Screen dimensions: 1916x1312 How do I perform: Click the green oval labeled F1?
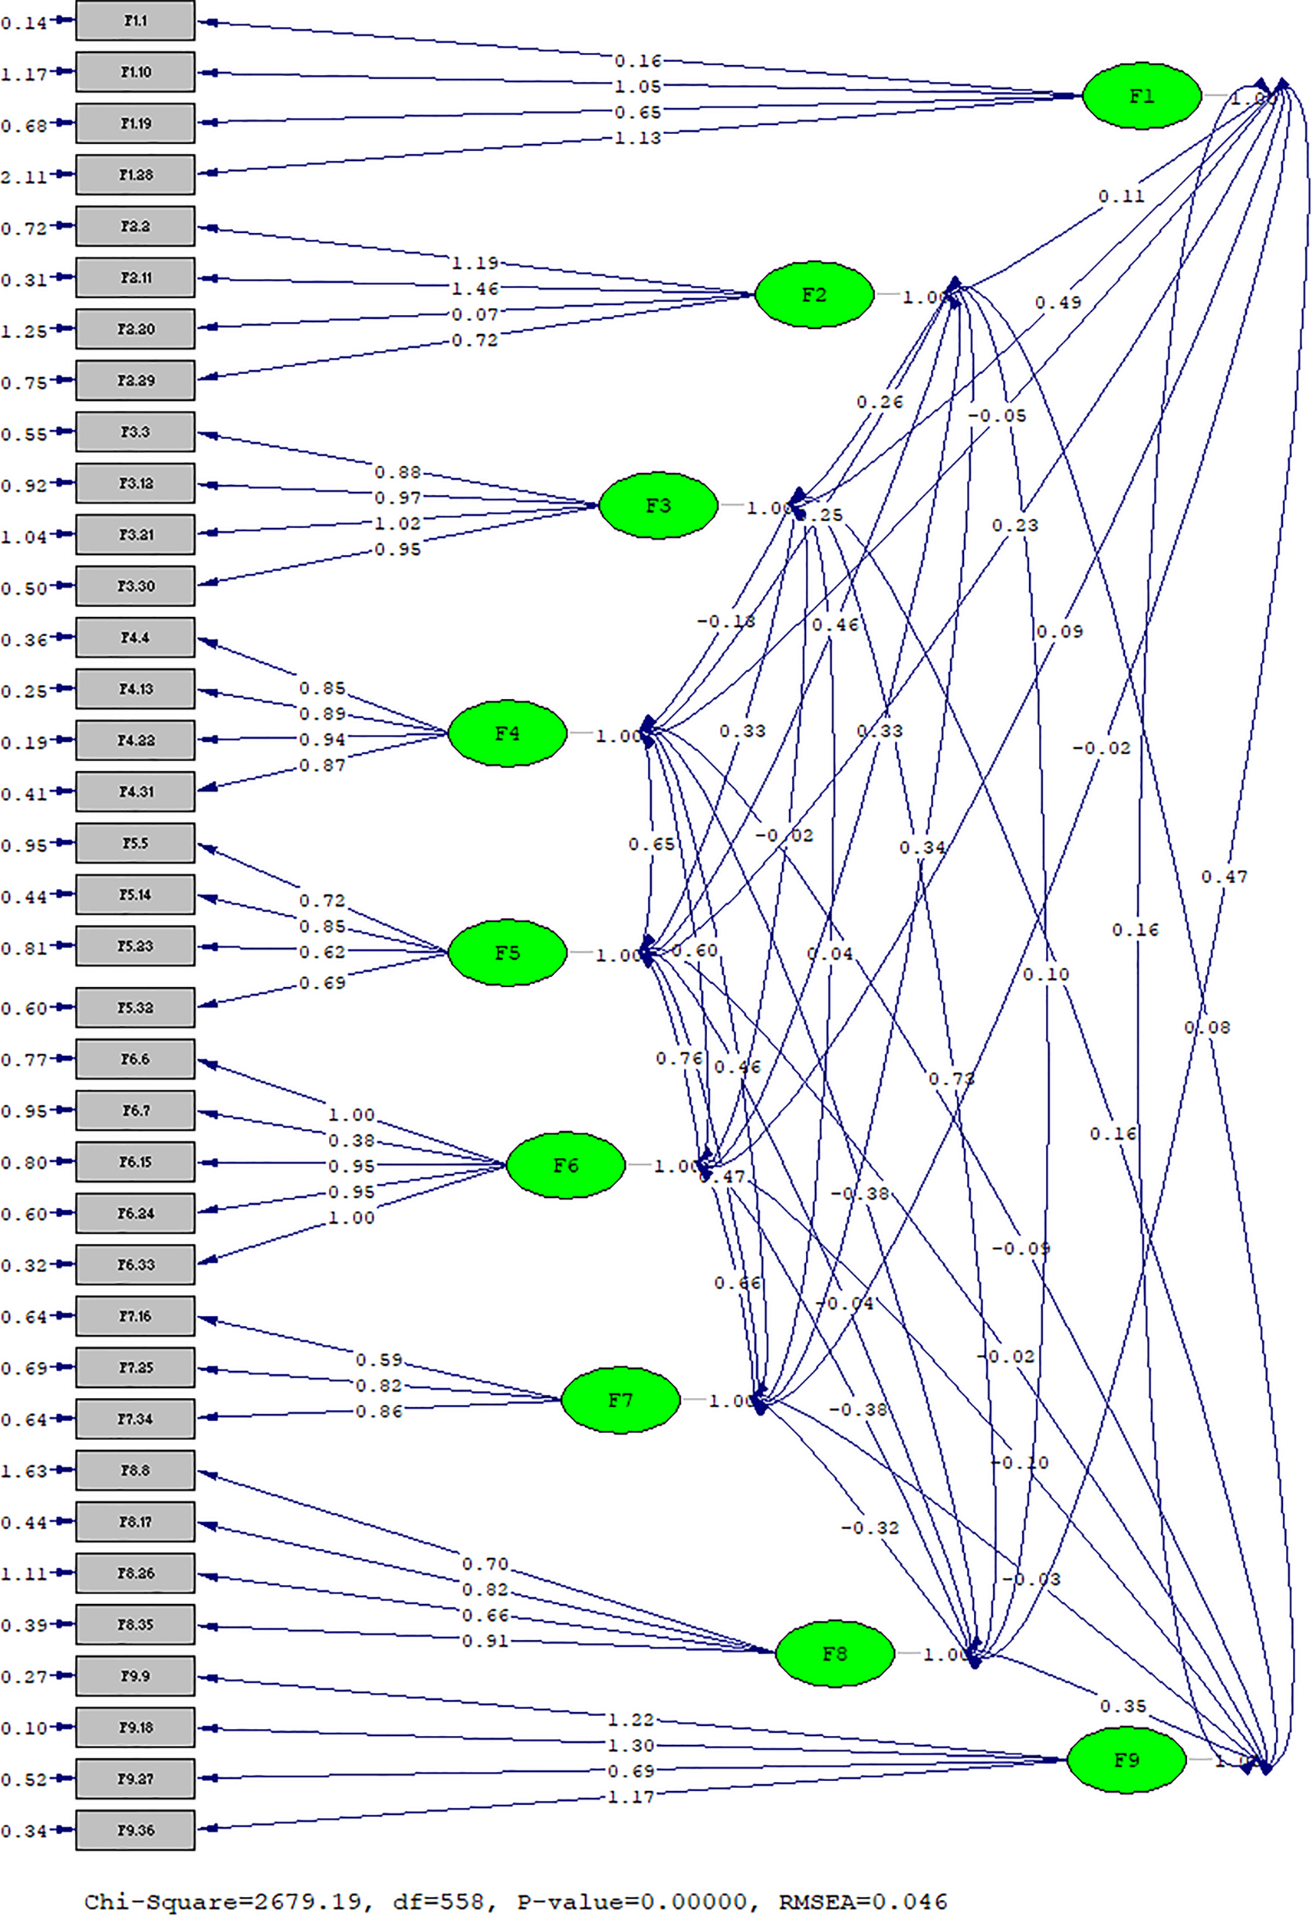[1141, 97]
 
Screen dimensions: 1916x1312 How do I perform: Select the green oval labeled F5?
[507, 953]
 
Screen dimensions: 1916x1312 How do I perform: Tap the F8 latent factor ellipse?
[834, 1653]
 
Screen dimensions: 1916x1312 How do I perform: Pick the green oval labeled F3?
[657, 505]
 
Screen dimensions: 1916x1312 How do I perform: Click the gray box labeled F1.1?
[135, 21]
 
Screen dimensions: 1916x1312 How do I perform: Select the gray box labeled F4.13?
[135, 689]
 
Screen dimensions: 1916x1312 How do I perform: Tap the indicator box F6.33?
[135, 1265]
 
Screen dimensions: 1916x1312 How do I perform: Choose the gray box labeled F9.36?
[135, 1830]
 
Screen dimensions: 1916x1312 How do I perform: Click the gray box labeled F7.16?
[135, 1317]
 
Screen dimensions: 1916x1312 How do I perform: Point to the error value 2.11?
[24, 176]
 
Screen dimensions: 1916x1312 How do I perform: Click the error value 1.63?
[24, 1471]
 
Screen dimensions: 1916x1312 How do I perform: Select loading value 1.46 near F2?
[474, 289]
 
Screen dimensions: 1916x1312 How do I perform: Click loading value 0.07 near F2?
[474, 314]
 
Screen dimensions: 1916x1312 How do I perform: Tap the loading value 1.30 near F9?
[631, 1745]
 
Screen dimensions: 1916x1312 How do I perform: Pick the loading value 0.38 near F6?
[351, 1140]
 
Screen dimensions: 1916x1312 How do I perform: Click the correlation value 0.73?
[951, 1078]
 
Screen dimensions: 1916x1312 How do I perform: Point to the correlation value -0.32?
[869, 1527]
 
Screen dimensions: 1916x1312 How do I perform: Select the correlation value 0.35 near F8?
[1123, 1706]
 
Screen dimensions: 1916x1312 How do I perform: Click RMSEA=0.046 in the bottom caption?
[863, 1901]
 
